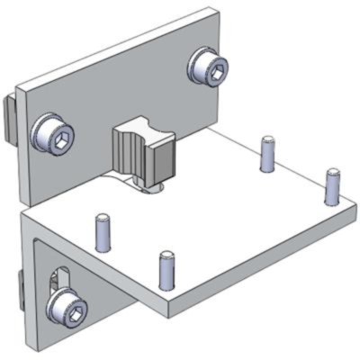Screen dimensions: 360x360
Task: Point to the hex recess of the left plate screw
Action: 57,137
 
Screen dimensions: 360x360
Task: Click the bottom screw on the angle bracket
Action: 68,309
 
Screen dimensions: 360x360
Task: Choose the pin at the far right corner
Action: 332,185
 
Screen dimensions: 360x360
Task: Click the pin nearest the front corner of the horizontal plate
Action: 166,269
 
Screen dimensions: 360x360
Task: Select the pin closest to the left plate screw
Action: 103,231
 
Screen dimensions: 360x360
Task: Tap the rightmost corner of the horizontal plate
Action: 355,209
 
